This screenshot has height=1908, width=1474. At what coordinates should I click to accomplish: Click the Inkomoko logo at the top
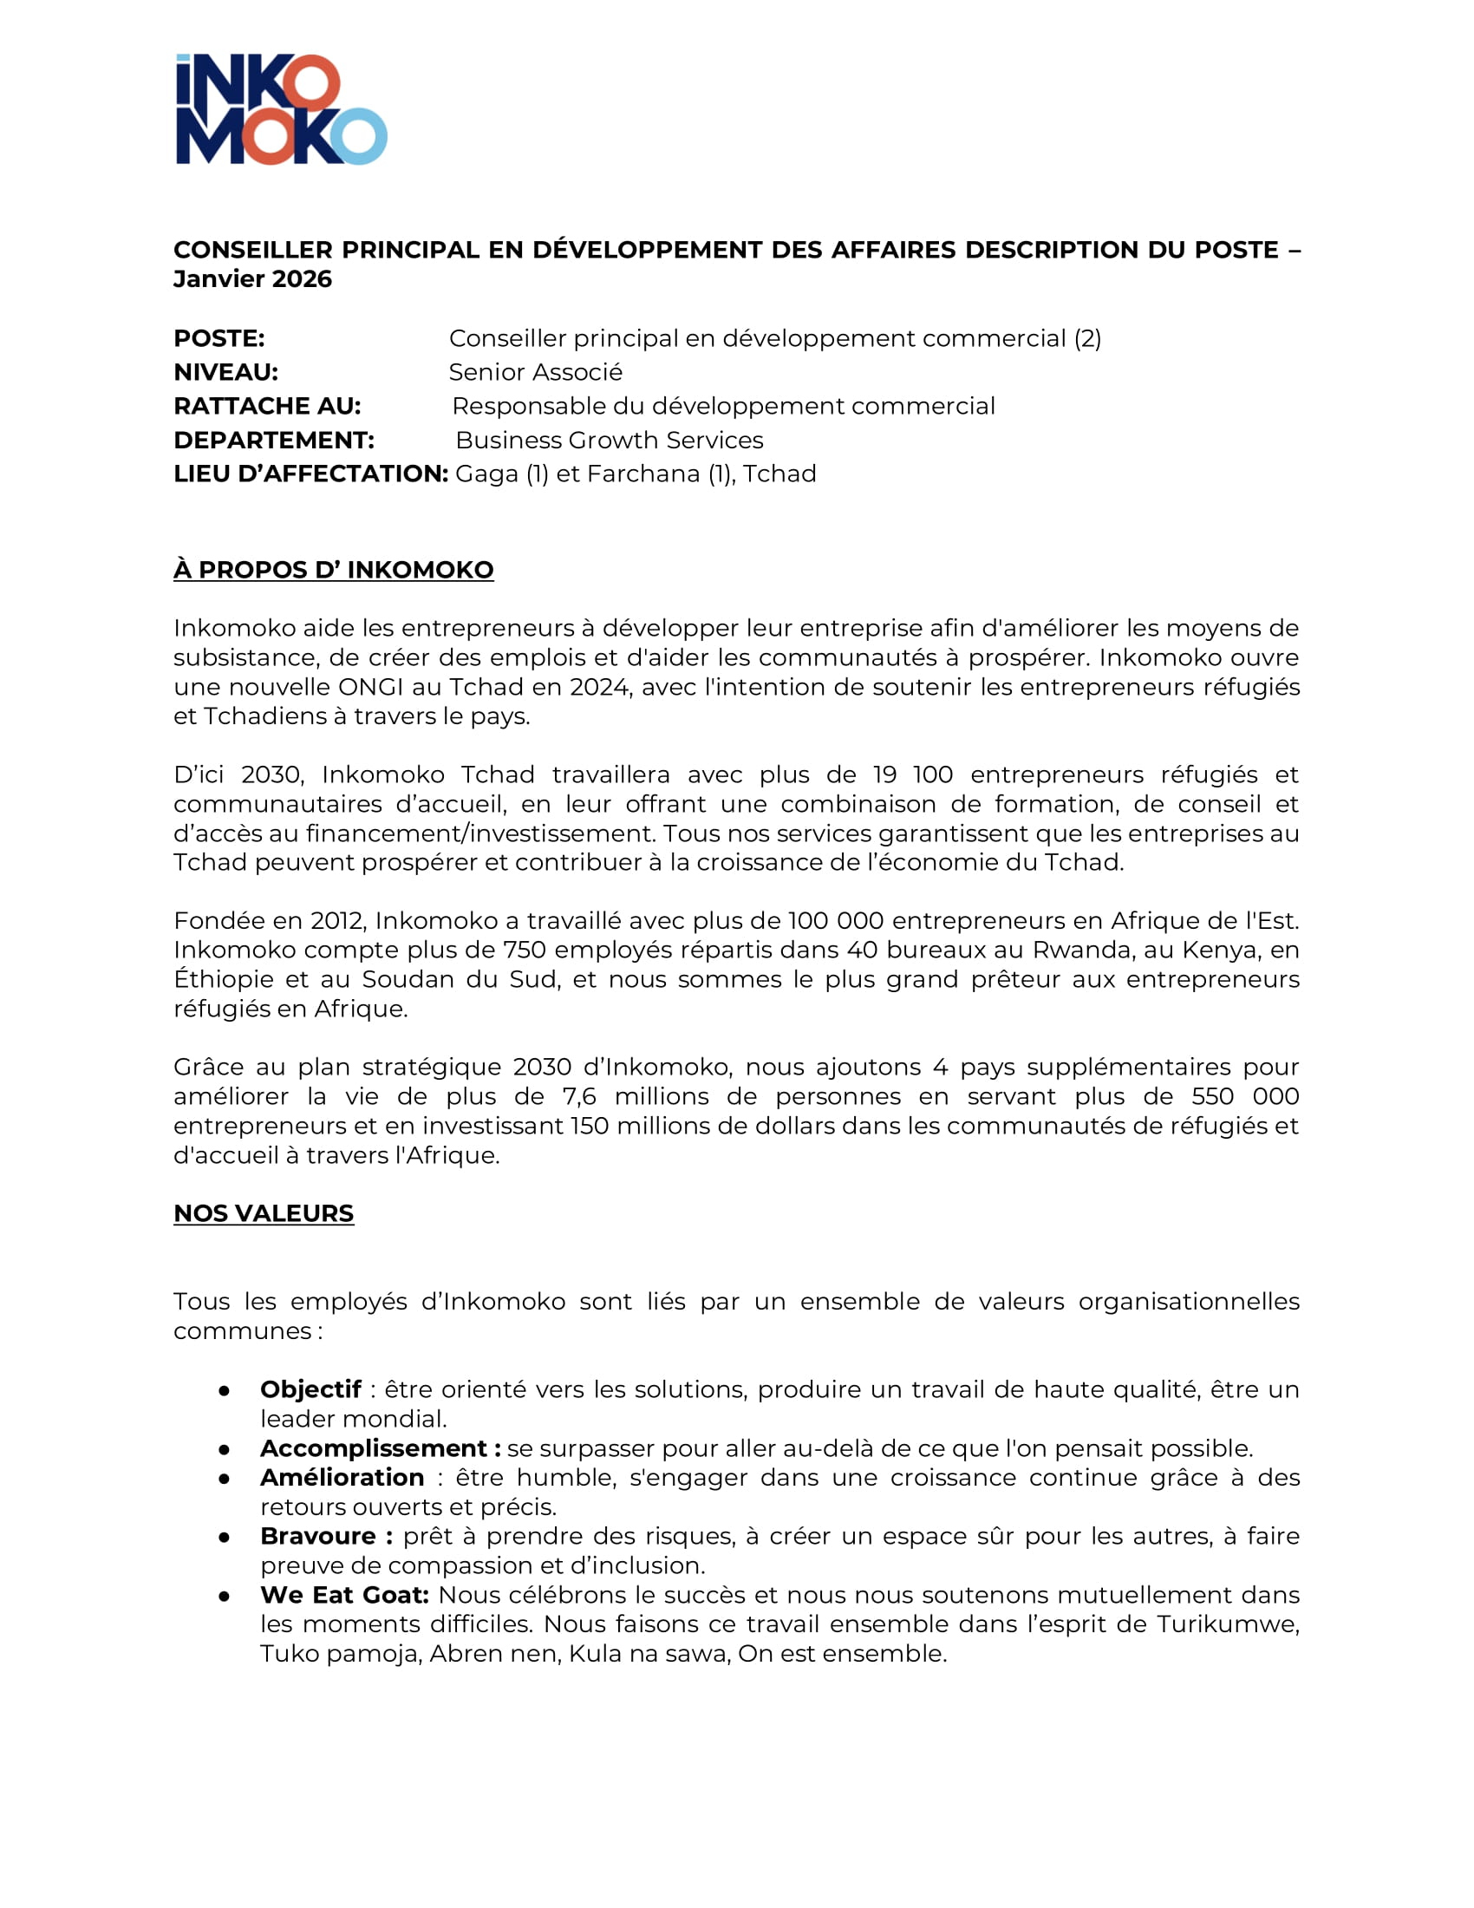tap(281, 109)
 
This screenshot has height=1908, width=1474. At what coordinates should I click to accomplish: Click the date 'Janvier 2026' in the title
tap(252, 278)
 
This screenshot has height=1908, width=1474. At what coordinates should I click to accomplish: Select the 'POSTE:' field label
tap(219, 338)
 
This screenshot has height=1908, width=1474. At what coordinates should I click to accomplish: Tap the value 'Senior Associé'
tap(535, 372)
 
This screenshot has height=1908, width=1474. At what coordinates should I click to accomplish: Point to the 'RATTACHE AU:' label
tap(267, 406)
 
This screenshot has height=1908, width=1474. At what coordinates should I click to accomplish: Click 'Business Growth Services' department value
tap(610, 441)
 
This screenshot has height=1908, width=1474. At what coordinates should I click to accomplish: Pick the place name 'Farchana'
tap(643, 474)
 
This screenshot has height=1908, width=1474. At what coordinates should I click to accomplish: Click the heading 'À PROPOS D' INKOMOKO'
tap(334, 570)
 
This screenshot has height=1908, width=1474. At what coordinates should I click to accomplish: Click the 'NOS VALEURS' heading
tap(264, 1213)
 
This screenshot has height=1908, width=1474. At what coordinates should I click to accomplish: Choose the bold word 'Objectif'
tap(311, 1389)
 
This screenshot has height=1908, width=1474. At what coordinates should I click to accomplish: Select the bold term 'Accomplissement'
tap(374, 1447)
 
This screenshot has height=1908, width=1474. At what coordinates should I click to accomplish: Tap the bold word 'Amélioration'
tap(342, 1477)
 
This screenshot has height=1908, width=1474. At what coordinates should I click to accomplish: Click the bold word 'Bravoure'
tap(318, 1536)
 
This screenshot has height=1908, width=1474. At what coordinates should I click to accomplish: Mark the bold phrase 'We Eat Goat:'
tap(345, 1594)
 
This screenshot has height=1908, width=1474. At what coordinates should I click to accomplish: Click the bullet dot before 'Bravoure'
tap(225, 1537)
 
